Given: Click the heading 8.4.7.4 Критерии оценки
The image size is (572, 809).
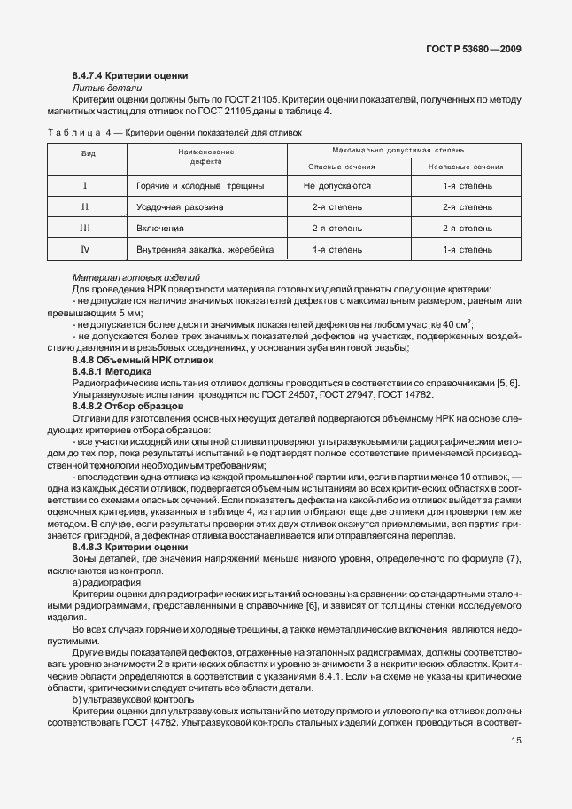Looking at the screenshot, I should (x=130, y=77).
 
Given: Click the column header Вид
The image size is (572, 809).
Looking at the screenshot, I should (x=89, y=153).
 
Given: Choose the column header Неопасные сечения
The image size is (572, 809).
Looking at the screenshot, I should (x=467, y=167).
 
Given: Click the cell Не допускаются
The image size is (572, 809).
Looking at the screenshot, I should (x=336, y=186).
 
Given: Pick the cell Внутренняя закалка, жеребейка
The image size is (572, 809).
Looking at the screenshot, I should (x=205, y=250).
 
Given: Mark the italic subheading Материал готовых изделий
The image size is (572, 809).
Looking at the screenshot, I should (x=135, y=278).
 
